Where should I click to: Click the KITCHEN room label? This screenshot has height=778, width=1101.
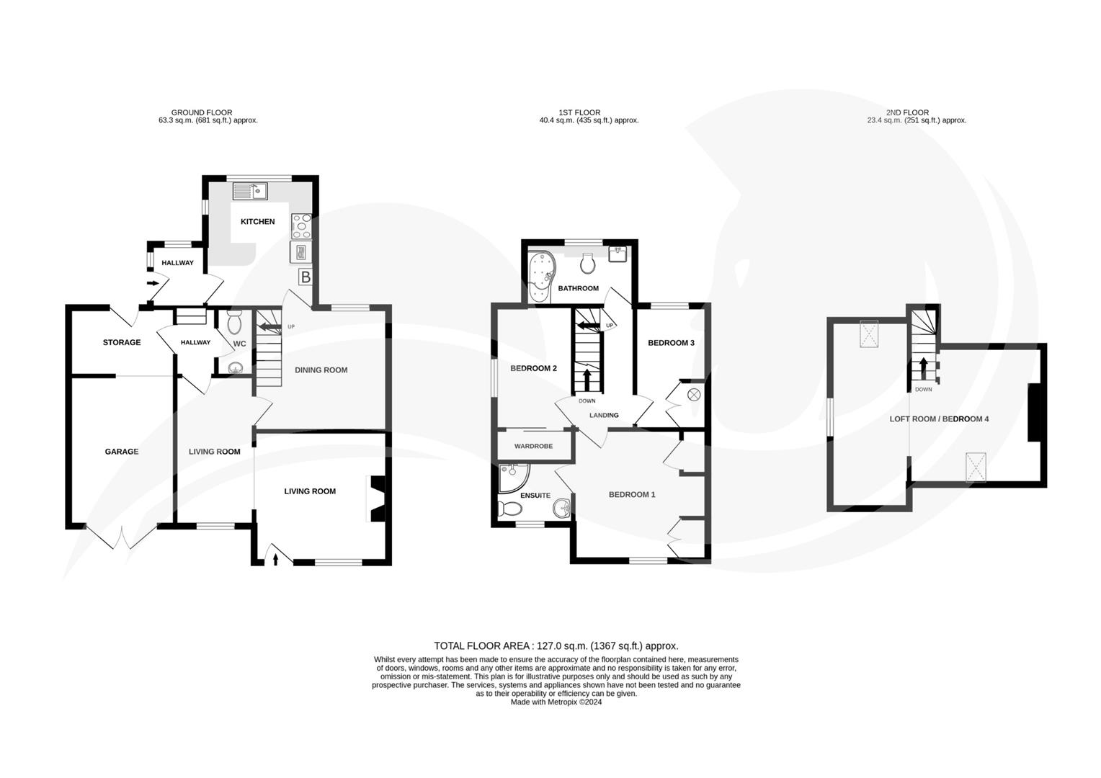click(x=257, y=222)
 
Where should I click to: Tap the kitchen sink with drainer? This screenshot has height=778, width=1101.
click(x=249, y=192)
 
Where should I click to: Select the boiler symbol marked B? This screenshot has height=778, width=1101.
click(x=306, y=277)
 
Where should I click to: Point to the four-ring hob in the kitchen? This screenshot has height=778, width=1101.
click(x=301, y=226)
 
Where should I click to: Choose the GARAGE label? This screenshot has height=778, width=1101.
click(x=121, y=452)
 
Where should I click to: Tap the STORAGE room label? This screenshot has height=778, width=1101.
click(x=121, y=342)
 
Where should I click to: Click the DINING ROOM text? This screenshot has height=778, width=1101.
click(x=321, y=370)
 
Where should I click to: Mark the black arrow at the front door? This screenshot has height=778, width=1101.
click(x=276, y=557)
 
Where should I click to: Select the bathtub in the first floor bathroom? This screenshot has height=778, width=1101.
click(x=540, y=277)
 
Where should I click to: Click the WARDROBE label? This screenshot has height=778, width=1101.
click(x=533, y=447)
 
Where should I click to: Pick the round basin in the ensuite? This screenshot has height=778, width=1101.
click(x=562, y=509)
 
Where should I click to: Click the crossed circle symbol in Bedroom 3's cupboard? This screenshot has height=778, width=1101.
click(x=694, y=394)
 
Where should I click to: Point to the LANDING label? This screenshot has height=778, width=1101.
click(x=604, y=416)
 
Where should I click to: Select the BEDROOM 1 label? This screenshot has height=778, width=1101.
click(x=632, y=495)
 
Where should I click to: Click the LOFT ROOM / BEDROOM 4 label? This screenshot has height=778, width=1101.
click(x=939, y=419)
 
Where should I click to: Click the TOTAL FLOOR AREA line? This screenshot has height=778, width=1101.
click(x=556, y=646)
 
